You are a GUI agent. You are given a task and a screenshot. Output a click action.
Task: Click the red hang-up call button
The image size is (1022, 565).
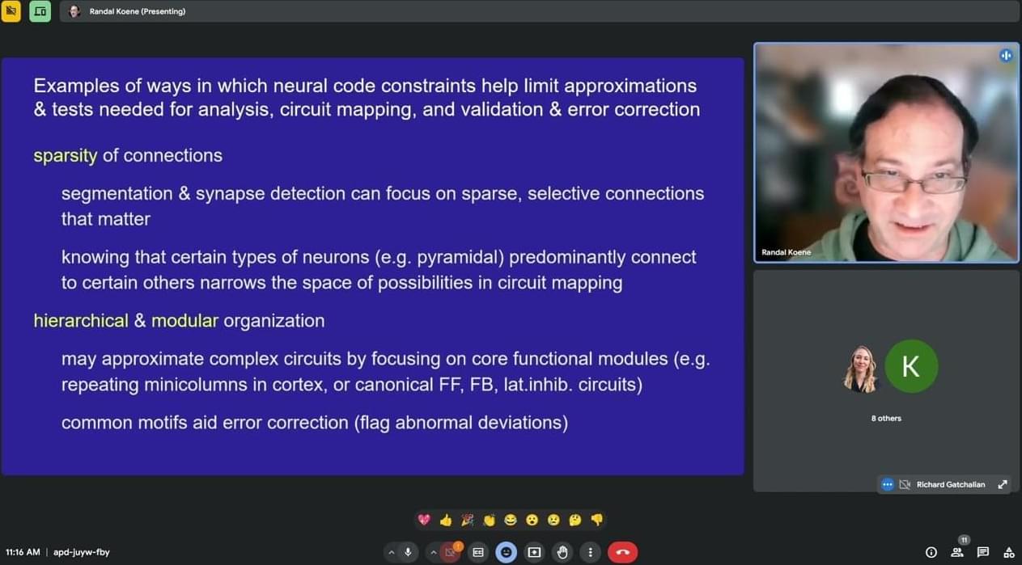tap(622, 552)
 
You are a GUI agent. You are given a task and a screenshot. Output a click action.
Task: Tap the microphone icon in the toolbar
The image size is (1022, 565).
tap(408, 552)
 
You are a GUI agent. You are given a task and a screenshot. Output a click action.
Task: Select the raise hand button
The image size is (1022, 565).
tap(562, 552)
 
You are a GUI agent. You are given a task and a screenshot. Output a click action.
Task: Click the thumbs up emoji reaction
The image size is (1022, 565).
tap(446, 520)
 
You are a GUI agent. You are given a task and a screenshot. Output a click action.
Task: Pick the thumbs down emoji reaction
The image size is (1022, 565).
tap(597, 520)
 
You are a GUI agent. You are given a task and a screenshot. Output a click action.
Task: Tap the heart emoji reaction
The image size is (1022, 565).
tap(424, 520)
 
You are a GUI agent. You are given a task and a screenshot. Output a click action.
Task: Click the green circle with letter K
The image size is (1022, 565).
tap(911, 366)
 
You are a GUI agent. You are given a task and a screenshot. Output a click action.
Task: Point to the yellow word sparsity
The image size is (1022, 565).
tap(66, 156)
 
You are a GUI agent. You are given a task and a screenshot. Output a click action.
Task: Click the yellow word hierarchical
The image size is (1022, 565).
tap(81, 321)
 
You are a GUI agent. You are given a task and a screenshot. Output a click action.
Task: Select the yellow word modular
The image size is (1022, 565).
tap(184, 321)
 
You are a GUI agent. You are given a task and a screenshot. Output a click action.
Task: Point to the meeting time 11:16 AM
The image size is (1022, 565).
tap(23, 552)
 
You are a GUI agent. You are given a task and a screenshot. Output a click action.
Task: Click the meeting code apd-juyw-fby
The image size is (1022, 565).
tap(82, 553)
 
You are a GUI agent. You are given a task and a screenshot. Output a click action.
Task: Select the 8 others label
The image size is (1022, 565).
tap(886, 418)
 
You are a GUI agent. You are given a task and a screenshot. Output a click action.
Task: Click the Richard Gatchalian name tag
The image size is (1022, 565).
tap(950, 484)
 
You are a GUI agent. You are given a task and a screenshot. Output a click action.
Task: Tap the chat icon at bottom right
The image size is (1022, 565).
tap(983, 552)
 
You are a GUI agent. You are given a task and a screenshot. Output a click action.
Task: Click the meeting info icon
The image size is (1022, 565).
tap(931, 552)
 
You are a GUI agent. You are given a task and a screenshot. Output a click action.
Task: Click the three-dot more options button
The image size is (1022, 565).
tap(591, 552)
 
